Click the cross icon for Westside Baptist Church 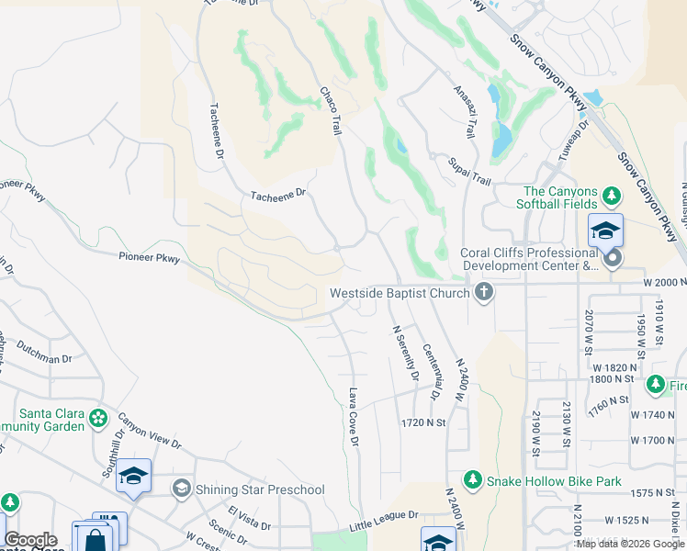483,294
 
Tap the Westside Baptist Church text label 400,295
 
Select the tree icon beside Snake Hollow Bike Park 472,480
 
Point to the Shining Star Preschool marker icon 181,489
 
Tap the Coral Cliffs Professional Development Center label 528,259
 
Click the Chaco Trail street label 330,111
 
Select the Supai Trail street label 469,171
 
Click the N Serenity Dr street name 405,354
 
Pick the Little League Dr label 384,521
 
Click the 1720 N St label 422,422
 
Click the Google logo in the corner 31,540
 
